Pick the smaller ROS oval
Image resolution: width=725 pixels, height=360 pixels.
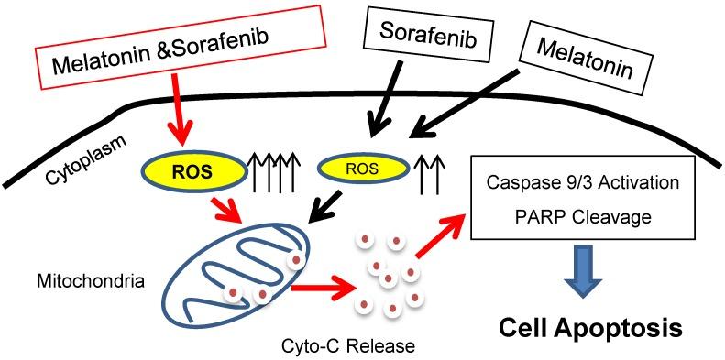point(360,168)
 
